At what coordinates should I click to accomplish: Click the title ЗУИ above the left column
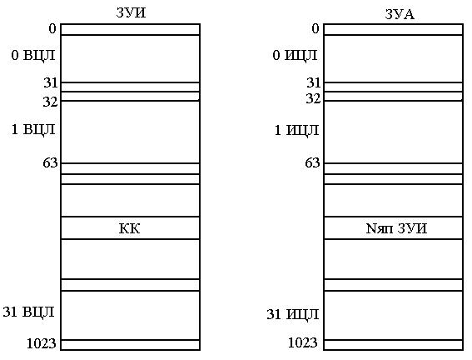tap(131, 12)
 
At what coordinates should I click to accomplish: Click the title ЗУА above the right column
tap(400, 14)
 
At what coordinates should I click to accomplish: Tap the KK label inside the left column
tap(129, 228)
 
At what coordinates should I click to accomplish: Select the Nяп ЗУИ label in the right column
tap(396, 228)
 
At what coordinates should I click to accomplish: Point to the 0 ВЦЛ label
tap(33, 55)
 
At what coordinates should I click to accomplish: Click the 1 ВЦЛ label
tap(33, 129)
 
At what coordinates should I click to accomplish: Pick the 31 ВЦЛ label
tap(29, 312)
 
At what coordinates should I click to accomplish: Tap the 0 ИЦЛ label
tap(295, 55)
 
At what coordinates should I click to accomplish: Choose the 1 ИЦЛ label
tap(297, 130)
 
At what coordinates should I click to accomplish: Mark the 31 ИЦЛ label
tap(292, 314)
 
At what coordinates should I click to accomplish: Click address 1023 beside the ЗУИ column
tap(42, 343)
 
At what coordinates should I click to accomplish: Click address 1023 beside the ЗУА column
tap(303, 342)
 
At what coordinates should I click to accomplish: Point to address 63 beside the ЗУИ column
tap(50, 163)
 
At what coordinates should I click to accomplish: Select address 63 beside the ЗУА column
tap(312, 163)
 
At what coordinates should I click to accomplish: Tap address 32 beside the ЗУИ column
tap(50, 102)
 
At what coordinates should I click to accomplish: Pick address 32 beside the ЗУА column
tap(313, 98)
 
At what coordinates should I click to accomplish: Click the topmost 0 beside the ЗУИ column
tap(52, 28)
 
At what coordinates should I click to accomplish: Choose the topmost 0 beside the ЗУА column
tap(315, 28)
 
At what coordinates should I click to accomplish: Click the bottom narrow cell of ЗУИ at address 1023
tap(131, 345)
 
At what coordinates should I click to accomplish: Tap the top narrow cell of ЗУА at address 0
tap(394, 29)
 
